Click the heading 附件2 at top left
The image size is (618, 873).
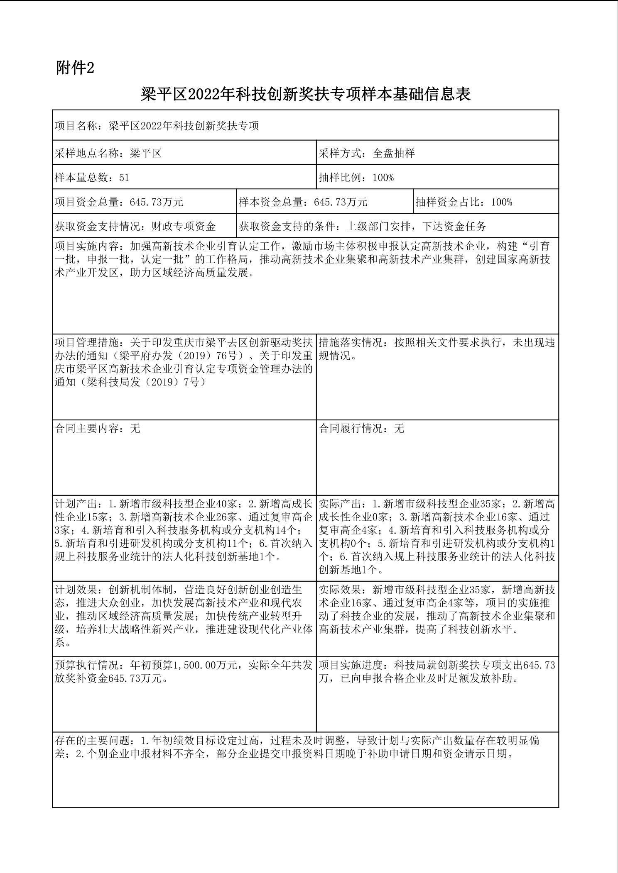coord(75,68)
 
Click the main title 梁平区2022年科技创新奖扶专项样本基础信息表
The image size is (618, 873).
coord(306,94)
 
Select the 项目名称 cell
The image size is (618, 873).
coord(157,126)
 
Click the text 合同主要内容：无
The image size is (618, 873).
coord(98,428)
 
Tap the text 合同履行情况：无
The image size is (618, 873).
coord(361,428)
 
